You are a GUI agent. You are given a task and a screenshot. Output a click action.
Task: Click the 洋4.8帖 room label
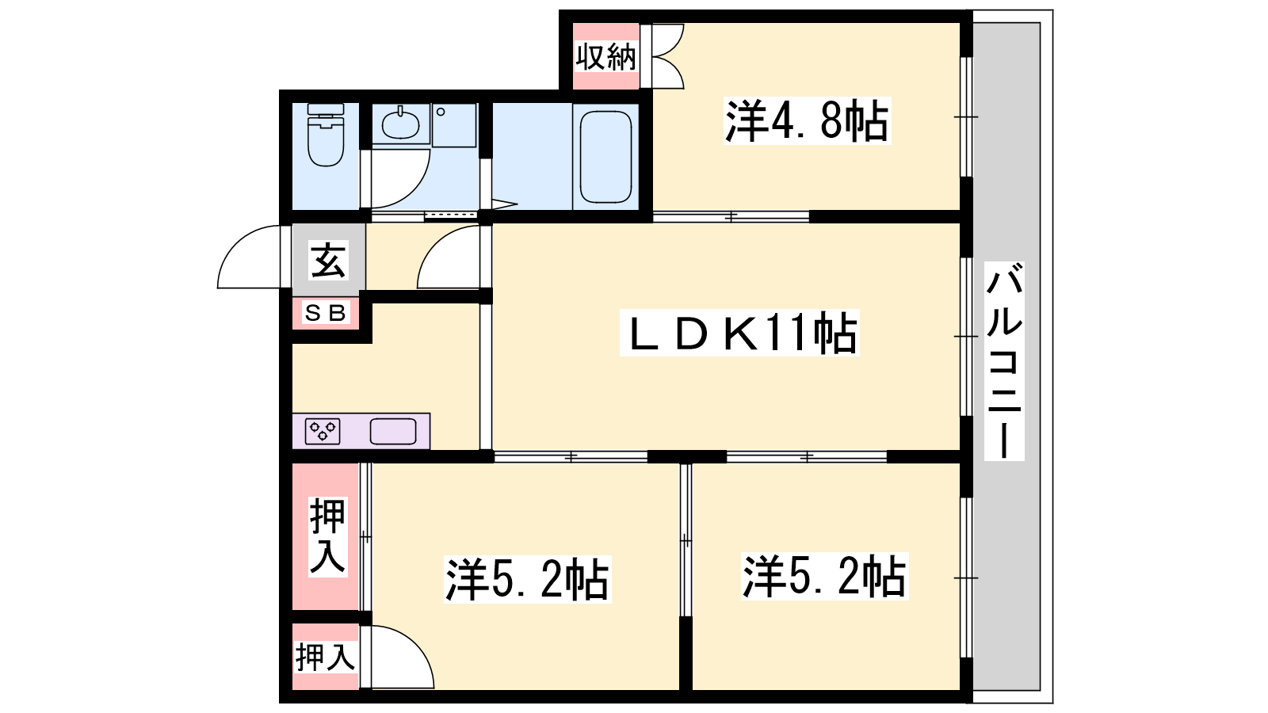807,120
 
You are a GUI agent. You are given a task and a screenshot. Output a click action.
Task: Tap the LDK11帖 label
739,333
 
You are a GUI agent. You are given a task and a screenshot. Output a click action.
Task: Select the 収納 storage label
605,56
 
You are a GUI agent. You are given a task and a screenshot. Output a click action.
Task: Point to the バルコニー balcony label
1004,360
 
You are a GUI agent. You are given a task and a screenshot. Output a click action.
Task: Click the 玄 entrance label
328,260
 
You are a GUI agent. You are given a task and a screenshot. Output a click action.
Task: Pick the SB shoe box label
325,312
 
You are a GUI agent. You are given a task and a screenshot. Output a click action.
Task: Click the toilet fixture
326,135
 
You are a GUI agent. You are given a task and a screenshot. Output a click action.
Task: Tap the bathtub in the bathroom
605,157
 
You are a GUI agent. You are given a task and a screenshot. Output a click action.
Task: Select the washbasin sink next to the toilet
400,123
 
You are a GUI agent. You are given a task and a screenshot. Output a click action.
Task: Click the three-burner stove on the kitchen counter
323,432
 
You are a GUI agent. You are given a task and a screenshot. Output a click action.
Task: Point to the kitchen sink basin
393,432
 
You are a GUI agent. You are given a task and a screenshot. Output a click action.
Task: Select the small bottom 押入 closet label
325,657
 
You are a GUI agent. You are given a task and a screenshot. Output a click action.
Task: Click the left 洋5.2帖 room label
527,579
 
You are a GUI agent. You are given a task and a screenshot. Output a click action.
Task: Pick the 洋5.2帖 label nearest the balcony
825,576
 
